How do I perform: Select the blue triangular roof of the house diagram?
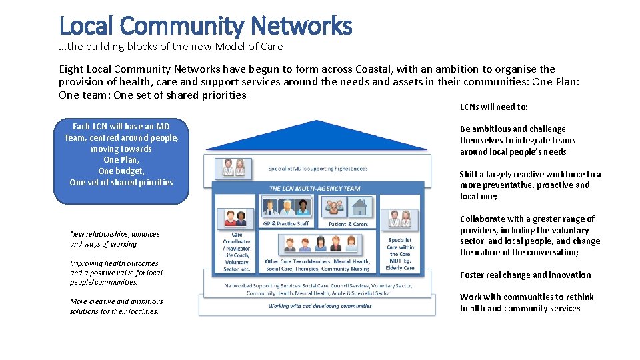pyautogui.click(x=315, y=137)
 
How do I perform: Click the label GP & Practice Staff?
pyautogui.click(x=286, y=224)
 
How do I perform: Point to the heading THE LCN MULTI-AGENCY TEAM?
pyautogui.click(x=314, y=189)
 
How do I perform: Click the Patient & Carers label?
pyautogui.click(x=349, y=224)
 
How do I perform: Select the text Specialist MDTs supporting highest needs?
pyautogui.click(x=318, y=169)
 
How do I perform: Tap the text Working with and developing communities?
pyautogui.click(x=320, y=306)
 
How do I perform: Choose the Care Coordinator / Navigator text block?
pyautogui.click(x=237, y=251)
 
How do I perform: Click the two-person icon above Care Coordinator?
pyautogui.click(x=236, y=217)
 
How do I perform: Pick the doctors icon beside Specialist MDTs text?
pyautogui.click(x=230, y=168)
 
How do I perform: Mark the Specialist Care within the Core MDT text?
pyautogui.click(x=400, y=254)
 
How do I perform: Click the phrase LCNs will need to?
pyautogui.click(x=494, y=107)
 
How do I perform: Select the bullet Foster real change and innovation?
pyautogui.click(x=525, y=275)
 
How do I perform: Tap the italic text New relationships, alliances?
pyautogui.click(x=115, y=234)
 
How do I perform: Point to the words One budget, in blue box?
pyautogui.click(x=121, y=171)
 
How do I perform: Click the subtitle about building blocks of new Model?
pyautogui.click(x=171, y=47)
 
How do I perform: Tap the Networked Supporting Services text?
pyautogui.click(x=318, y=289)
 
